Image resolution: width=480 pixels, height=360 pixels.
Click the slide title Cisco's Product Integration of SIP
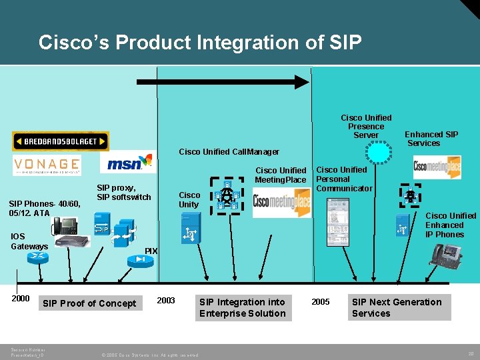[200, 43]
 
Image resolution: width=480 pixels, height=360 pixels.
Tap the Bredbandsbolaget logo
[60, 141]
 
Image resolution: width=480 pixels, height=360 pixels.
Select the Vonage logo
[46, 165]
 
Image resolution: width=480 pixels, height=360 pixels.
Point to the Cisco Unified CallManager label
[229, 152]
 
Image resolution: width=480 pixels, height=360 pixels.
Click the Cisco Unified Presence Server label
[366, 127]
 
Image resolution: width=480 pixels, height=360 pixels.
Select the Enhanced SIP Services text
[431, 139]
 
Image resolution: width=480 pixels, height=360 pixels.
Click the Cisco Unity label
[189, 200]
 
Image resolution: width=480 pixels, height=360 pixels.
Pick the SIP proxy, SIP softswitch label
[124, 193]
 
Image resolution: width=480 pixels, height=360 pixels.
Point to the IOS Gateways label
[29, 241]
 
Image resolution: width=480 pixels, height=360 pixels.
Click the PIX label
[151, 251]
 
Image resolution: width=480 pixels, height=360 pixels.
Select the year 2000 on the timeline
[21, 299]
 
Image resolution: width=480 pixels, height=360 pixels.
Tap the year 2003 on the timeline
[165, 301]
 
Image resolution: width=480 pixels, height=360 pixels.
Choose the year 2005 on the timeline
[321, 302]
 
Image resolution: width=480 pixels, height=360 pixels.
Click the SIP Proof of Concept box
[89, 304]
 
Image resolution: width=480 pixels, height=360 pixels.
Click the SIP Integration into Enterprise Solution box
[242, 307]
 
